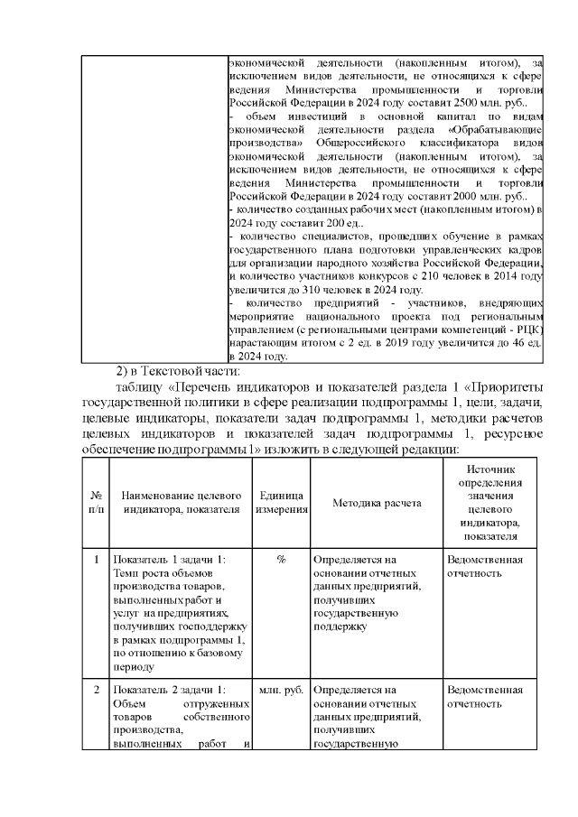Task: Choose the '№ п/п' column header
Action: [x=96, y=502]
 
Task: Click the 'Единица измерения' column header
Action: [x=282, y=502]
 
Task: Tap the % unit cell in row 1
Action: [x=282, y=560]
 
